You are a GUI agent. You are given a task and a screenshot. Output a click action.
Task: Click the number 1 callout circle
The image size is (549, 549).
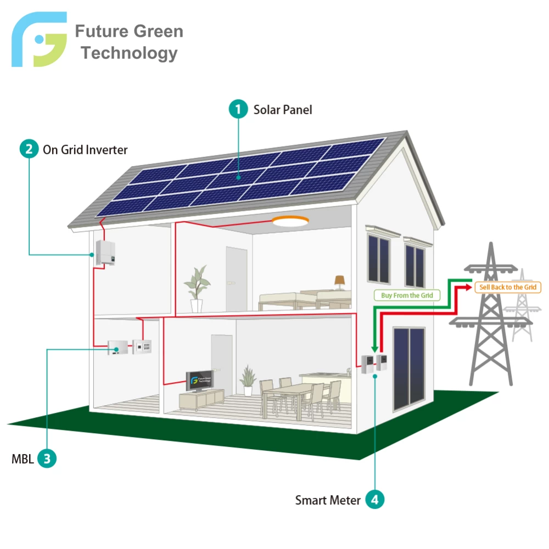point(238,109)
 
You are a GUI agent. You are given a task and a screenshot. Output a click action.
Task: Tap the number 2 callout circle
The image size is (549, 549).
point(29,149)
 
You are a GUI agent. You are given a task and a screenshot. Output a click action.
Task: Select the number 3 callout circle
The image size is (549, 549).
point(47,458)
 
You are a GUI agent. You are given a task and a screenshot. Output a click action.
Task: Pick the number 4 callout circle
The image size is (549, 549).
point(374,499)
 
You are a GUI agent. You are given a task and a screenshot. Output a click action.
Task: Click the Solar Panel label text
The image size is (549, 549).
point(283,110)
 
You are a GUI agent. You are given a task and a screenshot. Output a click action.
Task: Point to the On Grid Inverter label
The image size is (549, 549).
point(85,150)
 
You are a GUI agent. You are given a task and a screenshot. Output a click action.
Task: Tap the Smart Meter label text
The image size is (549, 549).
point(328,500)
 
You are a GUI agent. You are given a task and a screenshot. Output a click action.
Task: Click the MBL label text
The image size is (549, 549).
point(23,458)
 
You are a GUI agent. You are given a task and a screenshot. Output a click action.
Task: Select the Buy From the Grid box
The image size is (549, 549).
point(407,295)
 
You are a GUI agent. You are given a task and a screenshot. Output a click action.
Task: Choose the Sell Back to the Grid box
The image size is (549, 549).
point(508,287)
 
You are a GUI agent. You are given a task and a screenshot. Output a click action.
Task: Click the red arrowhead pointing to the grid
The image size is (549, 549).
point(469,287)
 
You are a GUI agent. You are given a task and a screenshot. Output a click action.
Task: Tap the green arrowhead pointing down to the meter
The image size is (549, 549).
point(374,349)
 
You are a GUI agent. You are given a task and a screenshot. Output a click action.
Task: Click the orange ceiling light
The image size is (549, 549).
point(290,221)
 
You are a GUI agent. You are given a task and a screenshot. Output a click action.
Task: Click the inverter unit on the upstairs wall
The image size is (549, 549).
point(106,253)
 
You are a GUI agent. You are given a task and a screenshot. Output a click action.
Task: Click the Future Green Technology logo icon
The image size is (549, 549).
point(39,39)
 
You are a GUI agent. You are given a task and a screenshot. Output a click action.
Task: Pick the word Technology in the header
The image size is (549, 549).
point(129,53)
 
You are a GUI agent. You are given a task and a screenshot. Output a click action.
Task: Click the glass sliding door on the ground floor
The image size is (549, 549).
point(409,369)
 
